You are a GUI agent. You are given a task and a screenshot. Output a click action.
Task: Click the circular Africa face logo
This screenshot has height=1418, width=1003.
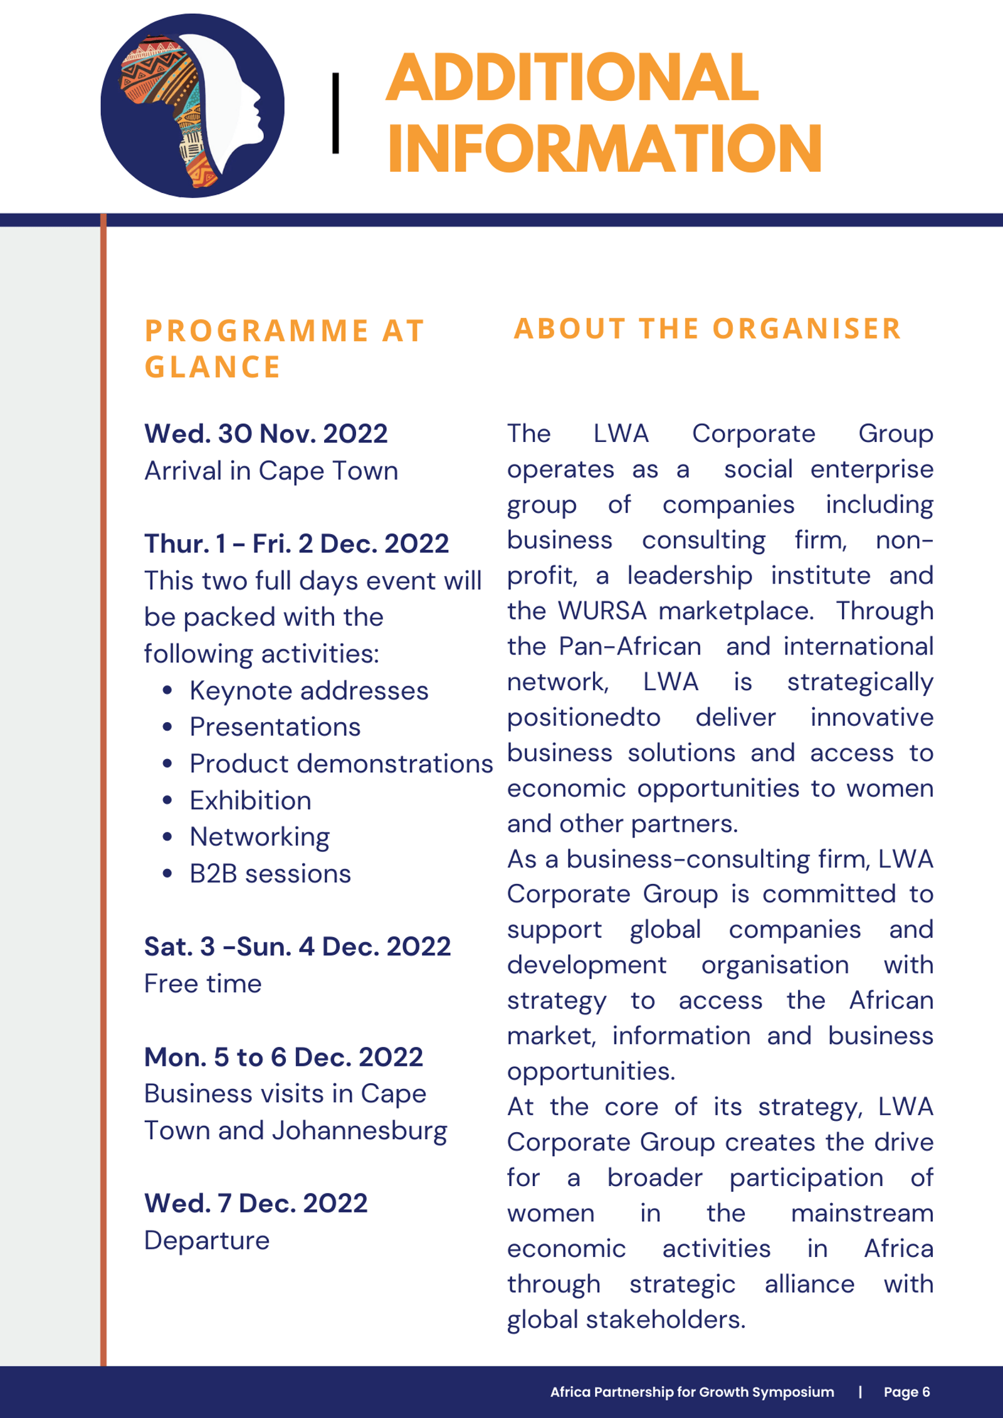tap(192, 105)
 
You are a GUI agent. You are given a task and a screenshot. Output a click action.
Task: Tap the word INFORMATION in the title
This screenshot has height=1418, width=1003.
tap(604, 149)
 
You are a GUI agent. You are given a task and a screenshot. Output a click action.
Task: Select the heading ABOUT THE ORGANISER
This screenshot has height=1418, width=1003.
tap(708, 328)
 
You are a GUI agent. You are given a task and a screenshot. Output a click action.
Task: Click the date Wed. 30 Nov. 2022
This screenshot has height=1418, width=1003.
tap(266, 434)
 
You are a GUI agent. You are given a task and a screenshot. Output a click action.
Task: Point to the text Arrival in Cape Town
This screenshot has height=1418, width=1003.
tap(271, 471)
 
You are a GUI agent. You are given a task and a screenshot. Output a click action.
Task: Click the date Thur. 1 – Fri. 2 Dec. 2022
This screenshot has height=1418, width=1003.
tap(297, 544)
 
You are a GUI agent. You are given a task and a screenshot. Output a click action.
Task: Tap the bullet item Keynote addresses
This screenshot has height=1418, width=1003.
tap(309, 691)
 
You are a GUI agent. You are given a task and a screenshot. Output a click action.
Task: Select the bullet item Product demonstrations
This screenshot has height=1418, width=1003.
tap(341, 764)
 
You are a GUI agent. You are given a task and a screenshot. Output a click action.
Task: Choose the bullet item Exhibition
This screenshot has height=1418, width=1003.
tap(250, 801)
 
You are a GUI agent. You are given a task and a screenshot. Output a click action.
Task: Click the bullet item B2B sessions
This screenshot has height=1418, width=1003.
tap(270, 874)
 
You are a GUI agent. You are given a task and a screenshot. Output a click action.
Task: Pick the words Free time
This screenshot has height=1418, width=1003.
tap(202, 984)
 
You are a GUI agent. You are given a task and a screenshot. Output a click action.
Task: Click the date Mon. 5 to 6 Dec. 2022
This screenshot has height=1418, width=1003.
tap(283, 1057)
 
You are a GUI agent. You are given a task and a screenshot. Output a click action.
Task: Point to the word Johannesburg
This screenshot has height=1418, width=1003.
tap(359, 1130)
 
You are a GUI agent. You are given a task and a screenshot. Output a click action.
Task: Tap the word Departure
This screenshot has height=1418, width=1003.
tap(207, 1240)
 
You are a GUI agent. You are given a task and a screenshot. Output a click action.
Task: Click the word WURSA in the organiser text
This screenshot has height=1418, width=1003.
tap(602, 611)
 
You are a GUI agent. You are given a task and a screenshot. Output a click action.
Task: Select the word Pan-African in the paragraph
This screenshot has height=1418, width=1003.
tap(629, 646)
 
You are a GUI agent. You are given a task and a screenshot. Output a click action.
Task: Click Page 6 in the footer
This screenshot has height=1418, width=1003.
tap(906, 1392)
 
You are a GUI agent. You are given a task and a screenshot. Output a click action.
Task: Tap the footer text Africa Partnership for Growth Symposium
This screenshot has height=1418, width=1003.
tap(692, 1392)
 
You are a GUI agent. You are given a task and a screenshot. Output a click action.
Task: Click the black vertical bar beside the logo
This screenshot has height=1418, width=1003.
tap(335, 113)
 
